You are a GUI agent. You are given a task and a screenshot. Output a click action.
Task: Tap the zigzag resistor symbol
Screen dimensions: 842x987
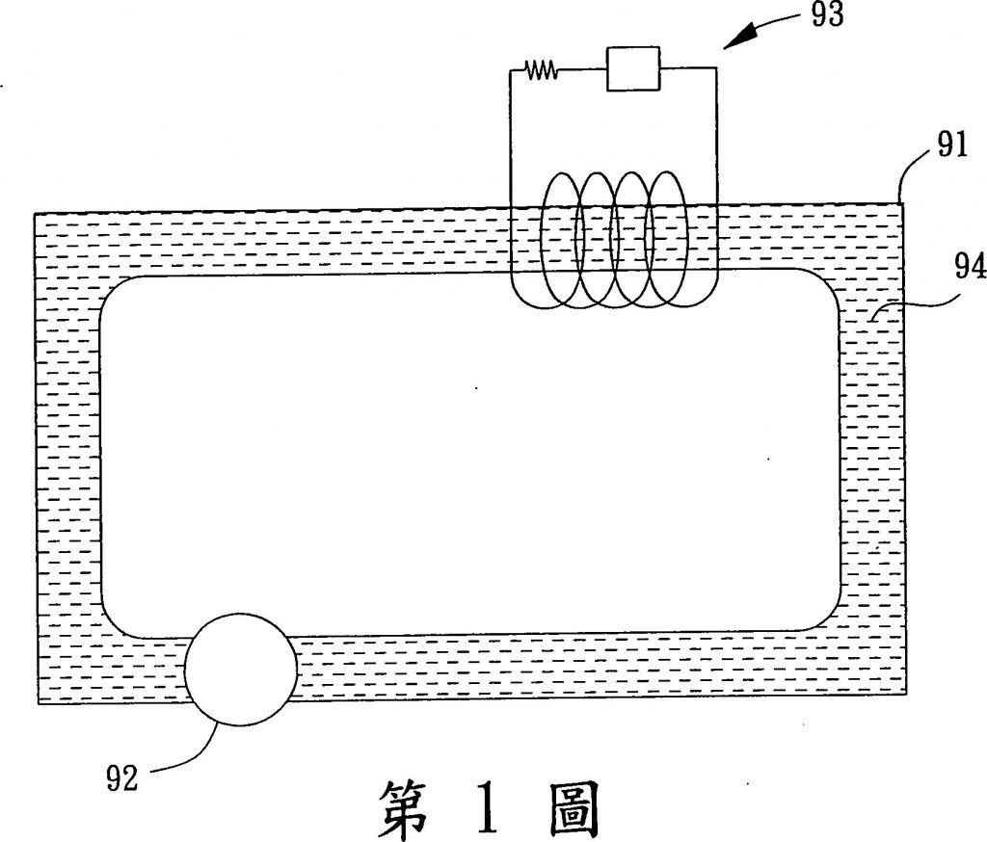[x=540, y=69]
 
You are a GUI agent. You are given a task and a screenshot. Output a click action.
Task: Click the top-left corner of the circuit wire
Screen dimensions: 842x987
[x=511, y=70]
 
